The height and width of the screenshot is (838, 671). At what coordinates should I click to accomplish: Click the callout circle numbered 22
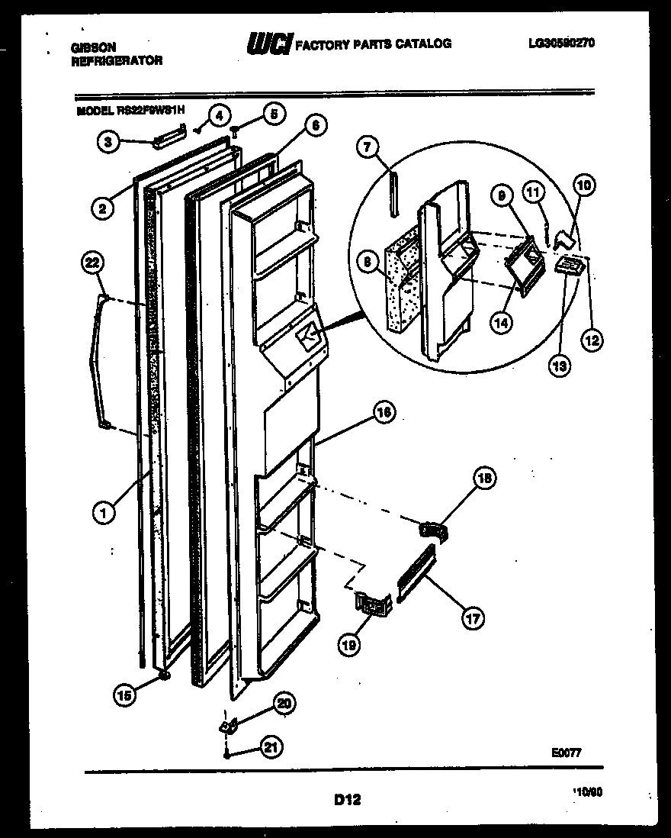[91, 263]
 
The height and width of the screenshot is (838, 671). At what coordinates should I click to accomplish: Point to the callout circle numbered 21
[269, 747]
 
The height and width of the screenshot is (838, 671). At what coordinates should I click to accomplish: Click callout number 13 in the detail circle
[559, 366]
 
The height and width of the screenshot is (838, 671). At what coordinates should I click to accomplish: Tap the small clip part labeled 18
[433, 528]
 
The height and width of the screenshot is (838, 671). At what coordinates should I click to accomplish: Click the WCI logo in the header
[268, 45]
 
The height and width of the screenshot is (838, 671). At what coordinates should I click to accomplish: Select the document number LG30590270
[560, 44]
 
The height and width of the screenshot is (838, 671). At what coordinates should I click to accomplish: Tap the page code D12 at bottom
[347, 800]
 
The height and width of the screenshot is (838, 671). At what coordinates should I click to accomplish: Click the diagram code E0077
[566, 752]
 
